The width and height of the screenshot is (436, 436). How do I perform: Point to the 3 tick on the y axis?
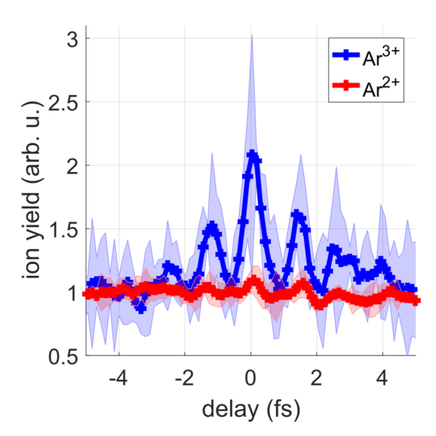[73, 39]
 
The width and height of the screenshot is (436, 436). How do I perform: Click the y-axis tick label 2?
[73, 166]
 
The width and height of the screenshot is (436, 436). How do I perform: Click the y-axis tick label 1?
[73, 293]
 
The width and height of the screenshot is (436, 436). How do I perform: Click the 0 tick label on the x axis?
[250, 379]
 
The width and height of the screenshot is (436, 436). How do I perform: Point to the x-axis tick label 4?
[382, 379]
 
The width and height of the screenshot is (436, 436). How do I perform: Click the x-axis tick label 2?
[316, 379]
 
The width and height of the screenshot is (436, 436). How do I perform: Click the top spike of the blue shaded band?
[252, 36]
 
